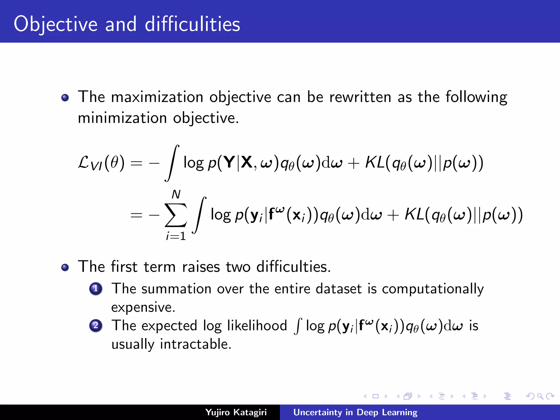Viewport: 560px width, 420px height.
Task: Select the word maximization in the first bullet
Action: (157, 97)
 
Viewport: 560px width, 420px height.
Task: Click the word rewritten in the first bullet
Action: (360, 97)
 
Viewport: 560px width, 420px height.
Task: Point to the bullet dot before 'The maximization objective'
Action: (65, 98)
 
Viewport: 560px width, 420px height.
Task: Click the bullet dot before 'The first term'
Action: (65, 267)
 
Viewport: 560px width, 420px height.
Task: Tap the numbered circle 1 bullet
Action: (96, 289)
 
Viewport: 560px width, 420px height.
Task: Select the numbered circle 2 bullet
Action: (96, 325)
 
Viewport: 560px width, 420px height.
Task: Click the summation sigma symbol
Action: (176, 215)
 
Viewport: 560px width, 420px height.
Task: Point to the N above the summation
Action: (176, 194)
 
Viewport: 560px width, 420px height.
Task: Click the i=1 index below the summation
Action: (176, 236)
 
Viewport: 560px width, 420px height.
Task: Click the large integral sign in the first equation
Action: (172, 163)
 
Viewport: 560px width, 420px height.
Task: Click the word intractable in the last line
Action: (196, 344)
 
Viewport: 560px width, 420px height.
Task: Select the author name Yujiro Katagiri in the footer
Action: (236, 412)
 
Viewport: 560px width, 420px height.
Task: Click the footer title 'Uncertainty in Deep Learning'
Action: (355, 412)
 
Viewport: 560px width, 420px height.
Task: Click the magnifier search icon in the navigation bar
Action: (540, 396)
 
